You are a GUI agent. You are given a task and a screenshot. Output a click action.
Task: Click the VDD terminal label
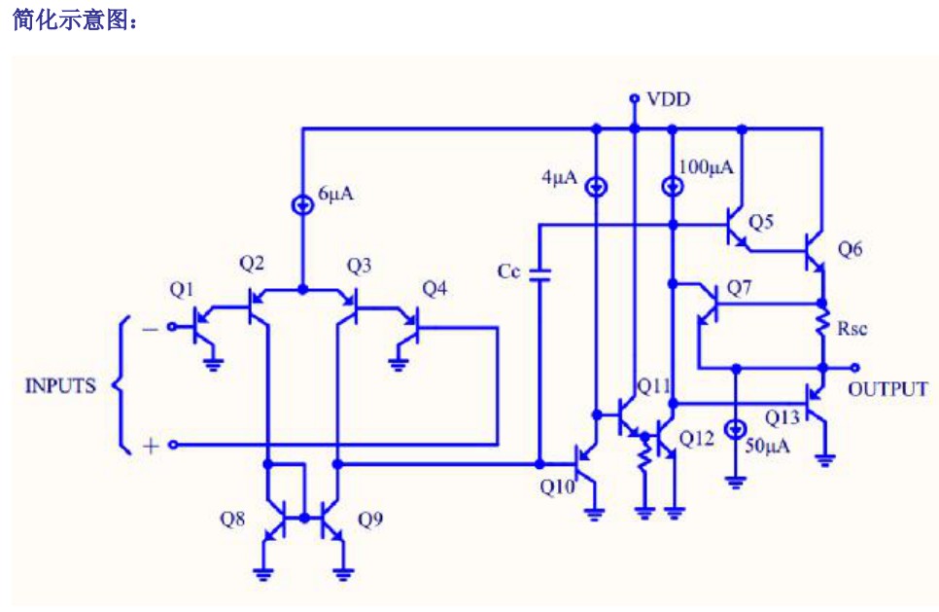click(669, 99)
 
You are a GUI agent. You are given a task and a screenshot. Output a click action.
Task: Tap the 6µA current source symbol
click(302, 205)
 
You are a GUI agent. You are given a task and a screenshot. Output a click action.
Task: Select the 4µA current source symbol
click(596, 187)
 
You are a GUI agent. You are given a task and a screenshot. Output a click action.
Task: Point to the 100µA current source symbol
click(673, 186)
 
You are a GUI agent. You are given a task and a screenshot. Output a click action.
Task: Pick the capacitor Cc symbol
click(540, 274)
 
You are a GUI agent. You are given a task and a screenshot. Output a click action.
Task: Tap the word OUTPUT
click(888, 389)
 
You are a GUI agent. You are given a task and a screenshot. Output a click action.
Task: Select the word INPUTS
click(60, 385)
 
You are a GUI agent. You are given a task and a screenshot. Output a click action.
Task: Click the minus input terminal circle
click(172, 327)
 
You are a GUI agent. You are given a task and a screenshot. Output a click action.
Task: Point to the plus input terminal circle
click(173, 445)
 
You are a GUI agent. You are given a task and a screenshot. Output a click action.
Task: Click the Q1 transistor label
click(182, 290)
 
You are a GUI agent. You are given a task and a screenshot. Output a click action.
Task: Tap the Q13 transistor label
click(782, 417)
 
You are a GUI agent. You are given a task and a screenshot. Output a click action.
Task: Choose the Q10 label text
click(557, 486)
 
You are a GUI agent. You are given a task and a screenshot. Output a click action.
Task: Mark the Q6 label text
click(850, 248)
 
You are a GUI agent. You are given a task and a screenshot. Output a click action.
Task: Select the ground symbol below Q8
click(263, 574)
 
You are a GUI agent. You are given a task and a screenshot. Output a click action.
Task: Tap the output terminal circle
click(855, 368)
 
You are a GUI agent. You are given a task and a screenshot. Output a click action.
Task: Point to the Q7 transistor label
click(739, 288)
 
